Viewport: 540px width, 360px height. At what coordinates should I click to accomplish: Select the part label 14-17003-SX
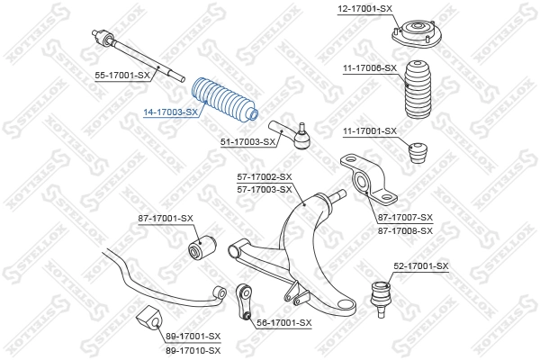pos(171,112)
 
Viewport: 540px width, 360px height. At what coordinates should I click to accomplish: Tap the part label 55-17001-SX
pos(122,76)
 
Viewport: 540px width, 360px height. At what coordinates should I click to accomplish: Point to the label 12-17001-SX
pos(364,8)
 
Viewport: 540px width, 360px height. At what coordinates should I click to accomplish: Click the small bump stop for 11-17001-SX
pos(418,152)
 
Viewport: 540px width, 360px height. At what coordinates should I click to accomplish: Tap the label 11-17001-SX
pos(369,131)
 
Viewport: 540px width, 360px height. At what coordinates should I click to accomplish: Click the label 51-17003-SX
pos(247,141)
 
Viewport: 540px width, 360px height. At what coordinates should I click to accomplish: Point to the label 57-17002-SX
pos(265,177)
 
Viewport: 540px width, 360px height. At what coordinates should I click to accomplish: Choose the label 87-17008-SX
pos(406,230)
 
